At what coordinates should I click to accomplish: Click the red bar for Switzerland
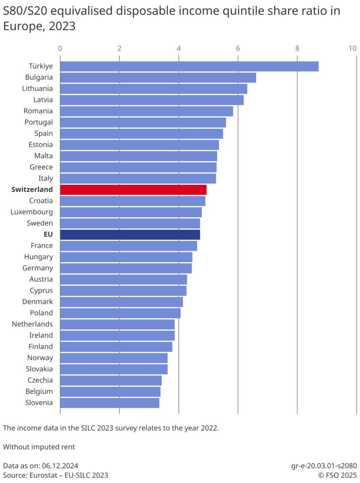133,190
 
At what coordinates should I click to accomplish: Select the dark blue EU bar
130,234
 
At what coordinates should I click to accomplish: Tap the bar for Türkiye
189,66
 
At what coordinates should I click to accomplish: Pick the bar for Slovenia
110,403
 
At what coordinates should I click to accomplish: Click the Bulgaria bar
158,77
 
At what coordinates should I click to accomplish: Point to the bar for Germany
126,268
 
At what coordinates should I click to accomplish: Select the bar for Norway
114,358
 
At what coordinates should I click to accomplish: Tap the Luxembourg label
32,212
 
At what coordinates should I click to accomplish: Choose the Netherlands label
33,324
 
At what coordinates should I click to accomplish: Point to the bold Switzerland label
32,190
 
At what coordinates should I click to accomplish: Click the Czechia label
40,380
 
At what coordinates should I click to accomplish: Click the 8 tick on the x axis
297,48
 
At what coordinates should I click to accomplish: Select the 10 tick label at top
352,48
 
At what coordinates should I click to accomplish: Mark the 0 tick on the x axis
60,48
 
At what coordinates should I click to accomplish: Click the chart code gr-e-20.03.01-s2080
323,465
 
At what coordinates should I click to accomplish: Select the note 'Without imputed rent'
39,447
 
